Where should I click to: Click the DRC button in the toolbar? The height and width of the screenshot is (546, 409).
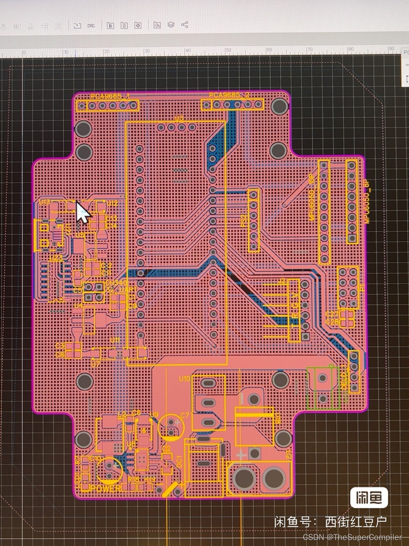coord(91,26)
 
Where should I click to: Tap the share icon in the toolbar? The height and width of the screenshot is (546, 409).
coord(184,25)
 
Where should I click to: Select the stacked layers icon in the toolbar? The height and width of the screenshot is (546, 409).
coord(171,25)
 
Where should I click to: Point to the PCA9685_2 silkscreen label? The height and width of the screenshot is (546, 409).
coord(229,95)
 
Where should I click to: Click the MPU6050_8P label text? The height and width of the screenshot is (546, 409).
coord(366,201)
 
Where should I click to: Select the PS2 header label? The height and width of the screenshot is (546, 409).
coord(243,221)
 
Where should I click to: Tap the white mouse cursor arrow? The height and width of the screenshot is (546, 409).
coord(83,212)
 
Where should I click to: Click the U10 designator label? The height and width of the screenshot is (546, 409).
coord(184,379)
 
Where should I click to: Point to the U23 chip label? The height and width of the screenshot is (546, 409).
coord(56,258)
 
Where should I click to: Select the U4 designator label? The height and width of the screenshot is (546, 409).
coord(78,305)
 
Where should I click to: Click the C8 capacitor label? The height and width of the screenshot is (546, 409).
coord(60,354)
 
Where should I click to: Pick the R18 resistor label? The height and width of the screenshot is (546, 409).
coord(134,479)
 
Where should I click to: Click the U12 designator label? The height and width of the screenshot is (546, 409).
coord(112,203)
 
